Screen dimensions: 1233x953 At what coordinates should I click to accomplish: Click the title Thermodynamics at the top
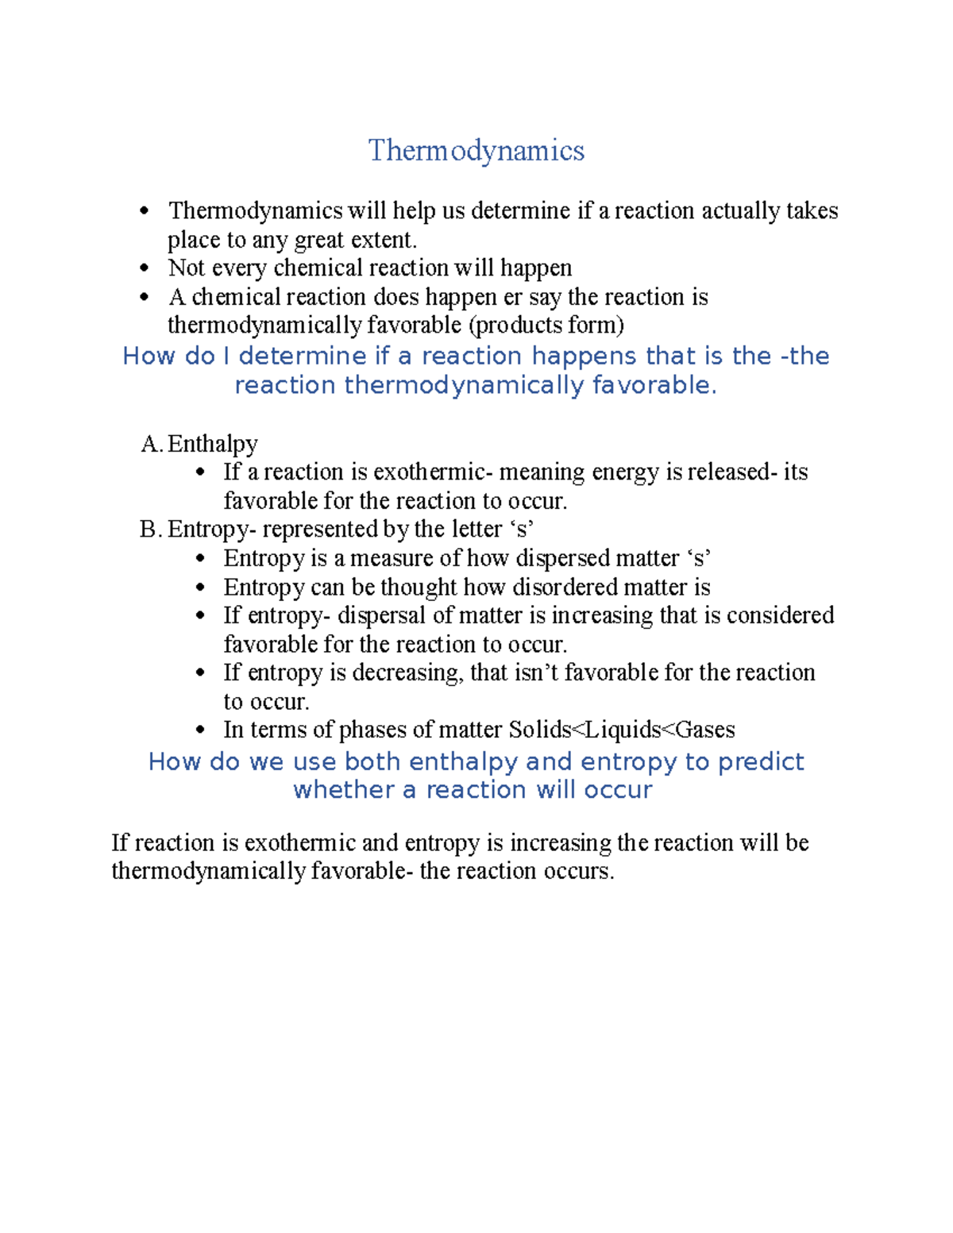coord(476,150)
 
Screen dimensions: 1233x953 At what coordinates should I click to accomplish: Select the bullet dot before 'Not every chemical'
coord(144,268)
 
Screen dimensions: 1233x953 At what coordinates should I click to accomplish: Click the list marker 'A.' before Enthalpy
coord(152,444)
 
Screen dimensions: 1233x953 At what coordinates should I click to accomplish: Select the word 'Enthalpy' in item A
coord(213,444)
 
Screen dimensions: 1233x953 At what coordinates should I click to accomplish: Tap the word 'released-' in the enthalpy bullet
coord(732,472)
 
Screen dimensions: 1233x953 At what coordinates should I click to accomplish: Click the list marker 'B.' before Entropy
coord(151,530)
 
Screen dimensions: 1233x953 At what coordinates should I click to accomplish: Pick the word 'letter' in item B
coord(476,530)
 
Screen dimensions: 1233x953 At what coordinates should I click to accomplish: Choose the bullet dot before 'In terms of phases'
coord(200,730)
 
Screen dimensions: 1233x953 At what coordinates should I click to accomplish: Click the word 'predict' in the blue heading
coord(761,761)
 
